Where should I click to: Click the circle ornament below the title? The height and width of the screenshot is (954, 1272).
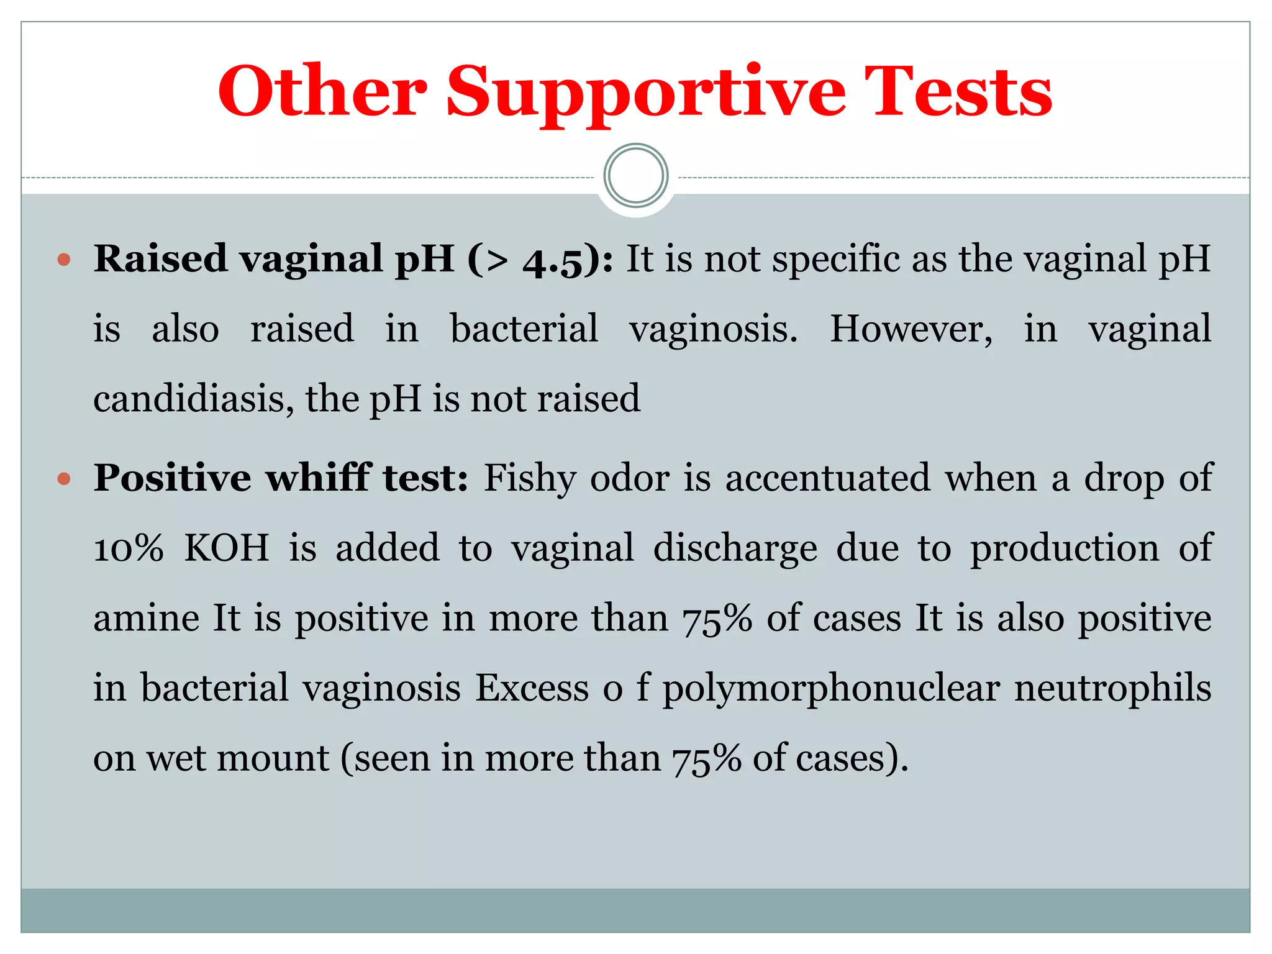tap(635, 176)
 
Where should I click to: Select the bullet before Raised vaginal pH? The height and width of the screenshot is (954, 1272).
tap(64, 259)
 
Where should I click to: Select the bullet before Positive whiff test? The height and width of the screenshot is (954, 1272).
tap(64, 478)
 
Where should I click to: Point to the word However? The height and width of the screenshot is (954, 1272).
tap(911, 329)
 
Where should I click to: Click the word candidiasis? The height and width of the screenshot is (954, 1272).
tap(193, 398)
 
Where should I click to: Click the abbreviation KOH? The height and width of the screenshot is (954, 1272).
tap(227, 548)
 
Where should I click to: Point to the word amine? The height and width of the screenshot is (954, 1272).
tap(147, 619)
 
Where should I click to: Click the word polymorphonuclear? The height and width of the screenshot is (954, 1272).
tap(831, 689)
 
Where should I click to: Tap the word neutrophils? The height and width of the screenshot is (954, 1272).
tap(1112, 689)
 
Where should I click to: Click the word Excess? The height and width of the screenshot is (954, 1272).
tap(532, 689)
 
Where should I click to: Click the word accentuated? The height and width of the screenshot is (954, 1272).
tap(827, 479)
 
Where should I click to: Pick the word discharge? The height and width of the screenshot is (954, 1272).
tap(735, 548)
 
